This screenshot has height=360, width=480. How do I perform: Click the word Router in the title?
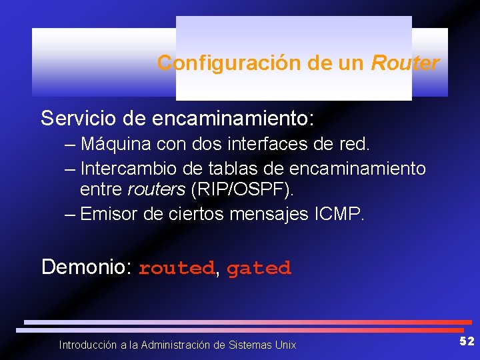click(405, 63)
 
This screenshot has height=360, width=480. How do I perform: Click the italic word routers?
click(156, 190)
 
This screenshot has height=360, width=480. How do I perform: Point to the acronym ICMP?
click(340, 214)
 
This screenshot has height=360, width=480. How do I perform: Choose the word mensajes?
click(269, 214)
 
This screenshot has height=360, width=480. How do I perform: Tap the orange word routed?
click(176, 269)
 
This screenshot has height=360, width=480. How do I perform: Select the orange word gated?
click(259, 269)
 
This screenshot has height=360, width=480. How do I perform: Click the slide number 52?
click(467, 341)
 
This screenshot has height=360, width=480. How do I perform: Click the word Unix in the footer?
click(285, 345)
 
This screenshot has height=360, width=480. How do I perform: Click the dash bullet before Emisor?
click(70, 214)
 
